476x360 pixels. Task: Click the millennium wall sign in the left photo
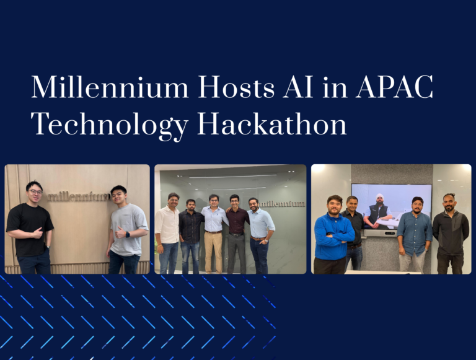79,196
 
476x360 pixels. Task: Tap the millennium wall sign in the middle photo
282,203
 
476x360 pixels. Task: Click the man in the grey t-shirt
128,226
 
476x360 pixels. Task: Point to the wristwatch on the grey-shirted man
128,234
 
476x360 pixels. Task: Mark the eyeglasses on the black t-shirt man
35,192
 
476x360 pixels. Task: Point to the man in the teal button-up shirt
414,232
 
